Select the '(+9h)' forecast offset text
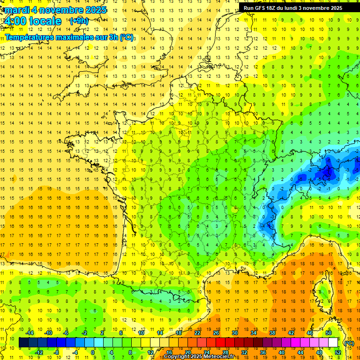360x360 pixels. tap(78, 21)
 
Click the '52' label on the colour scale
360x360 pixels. tap(338, 352)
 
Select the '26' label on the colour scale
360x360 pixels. tap(216, 333)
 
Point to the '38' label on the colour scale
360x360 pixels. tap(272, 333)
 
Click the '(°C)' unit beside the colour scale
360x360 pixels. tap(349, 343)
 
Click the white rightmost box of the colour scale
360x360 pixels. tap(333, 343)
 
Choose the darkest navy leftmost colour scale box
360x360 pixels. tap(24, 343)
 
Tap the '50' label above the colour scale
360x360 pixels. tap(329, 333)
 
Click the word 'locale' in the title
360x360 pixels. tap(45, 21)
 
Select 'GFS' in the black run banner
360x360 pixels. tap(262, 7)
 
